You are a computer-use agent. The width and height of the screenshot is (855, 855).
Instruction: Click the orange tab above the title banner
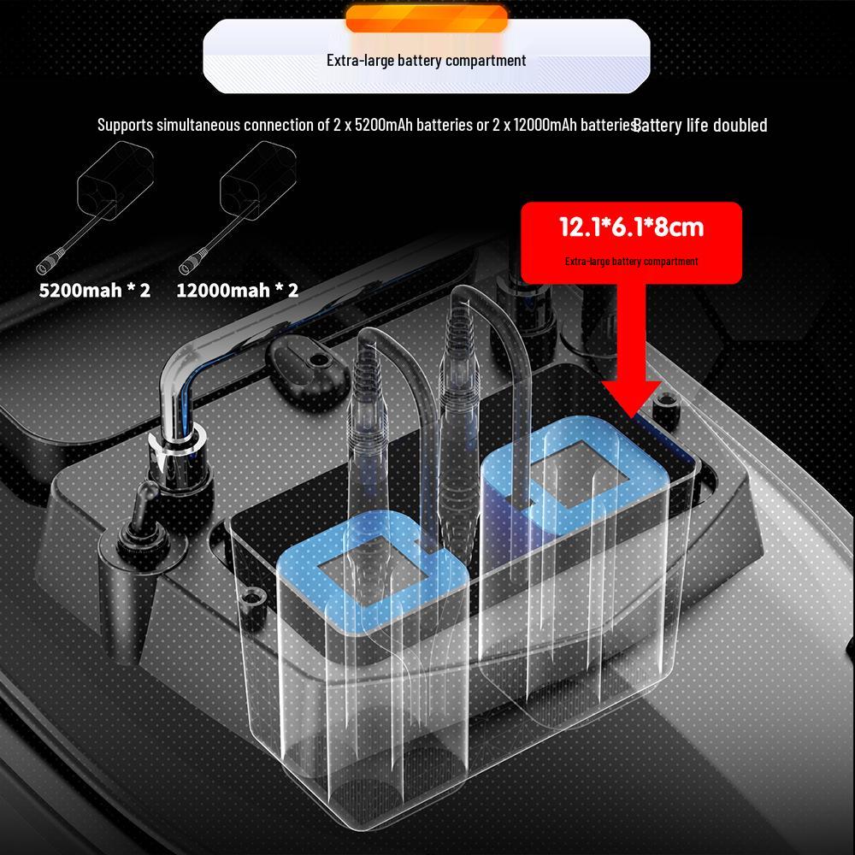(427, 19)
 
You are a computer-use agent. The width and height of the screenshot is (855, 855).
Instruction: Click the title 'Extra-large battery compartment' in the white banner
(427, 60)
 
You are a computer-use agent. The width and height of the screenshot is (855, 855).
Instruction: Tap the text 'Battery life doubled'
(701, 126)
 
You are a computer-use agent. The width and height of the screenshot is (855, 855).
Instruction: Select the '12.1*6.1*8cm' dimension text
(632, 227)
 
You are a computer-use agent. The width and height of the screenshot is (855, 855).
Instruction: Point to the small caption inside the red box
(632, 261)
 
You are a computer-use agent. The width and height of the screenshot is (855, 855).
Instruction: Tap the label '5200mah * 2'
(95, 290)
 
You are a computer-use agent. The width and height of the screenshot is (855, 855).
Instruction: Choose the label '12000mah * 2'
(238, 290)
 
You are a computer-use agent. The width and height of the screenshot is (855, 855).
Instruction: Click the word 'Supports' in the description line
(126, 125)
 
